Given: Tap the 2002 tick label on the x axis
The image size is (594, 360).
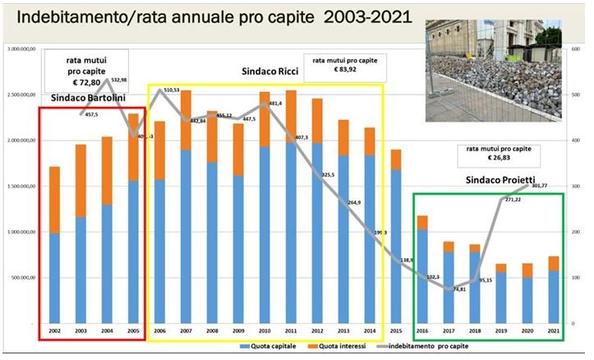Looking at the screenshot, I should tap(54, 330).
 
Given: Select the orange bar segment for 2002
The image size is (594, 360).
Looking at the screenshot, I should tap(54, 200).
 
